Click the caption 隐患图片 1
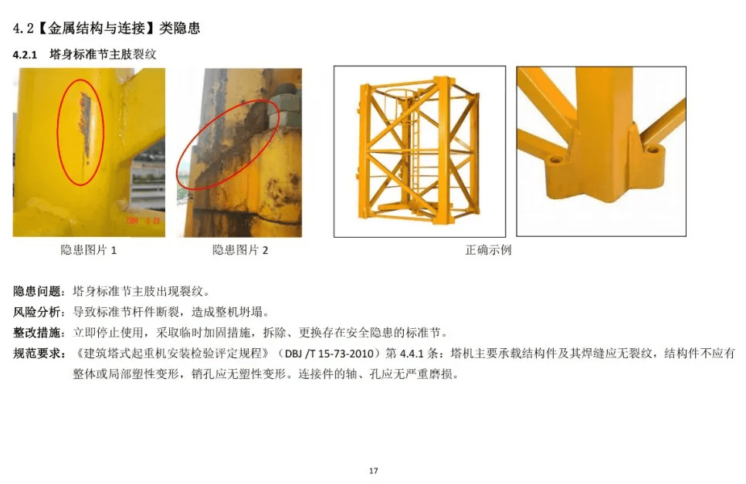(89, 250)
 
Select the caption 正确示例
(488, 250)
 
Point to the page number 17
(373, 470)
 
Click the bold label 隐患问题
(36, 292)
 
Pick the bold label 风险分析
(36, 313)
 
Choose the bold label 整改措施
(36, 333)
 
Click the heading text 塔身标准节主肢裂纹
(103, 56)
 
